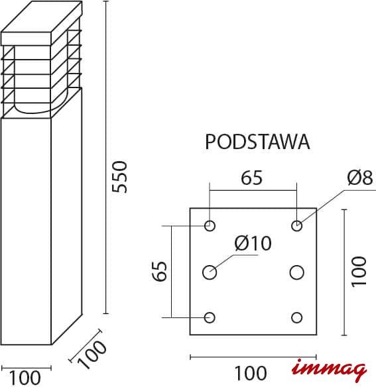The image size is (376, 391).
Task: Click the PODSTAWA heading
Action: [x=257, y=142]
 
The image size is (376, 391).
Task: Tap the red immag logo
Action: [x=330, y=370]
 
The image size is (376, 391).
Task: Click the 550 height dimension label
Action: [x=119, y=177]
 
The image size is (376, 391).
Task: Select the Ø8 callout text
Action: [x=360, y=178]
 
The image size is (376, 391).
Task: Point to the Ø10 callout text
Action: [x=253, y=243]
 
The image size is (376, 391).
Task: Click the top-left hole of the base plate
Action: [x=210, y=226]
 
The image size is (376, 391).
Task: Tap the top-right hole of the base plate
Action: [x=296, y=226]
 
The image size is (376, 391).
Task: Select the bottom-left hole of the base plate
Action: [x=210, y=317]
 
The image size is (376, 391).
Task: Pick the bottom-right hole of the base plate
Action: [x=296, y=317]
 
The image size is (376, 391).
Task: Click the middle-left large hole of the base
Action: [x=210, y=272]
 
